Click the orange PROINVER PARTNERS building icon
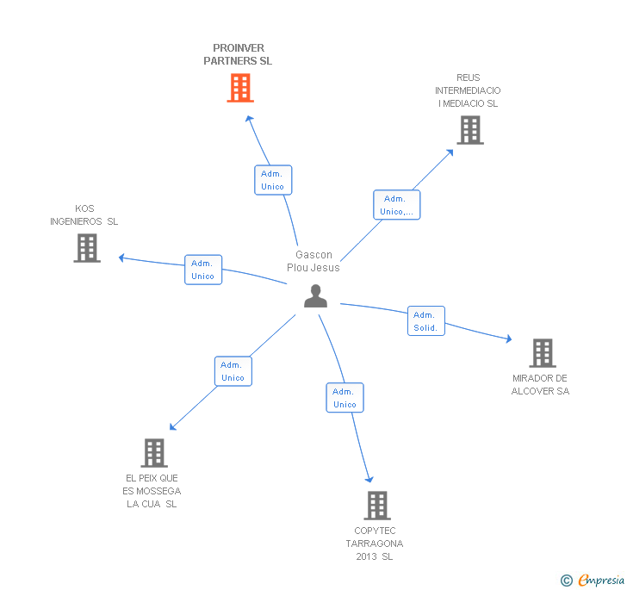tap(240, 88)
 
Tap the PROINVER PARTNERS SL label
tap(238, 55)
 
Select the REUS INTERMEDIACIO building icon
tap(469, 130)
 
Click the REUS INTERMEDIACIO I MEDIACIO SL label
tap(468, 90)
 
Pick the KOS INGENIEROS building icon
tap(87, 248)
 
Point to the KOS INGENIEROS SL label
tap(84, 215)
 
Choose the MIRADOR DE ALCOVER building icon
tap(542, 352)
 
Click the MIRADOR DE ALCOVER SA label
tap(541, 385)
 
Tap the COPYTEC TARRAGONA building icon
tap(377, 505)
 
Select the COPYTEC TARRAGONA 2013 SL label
tap(375, 543)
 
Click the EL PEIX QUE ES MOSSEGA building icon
tap(154, 452)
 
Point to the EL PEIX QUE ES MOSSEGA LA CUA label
tap(152, 491)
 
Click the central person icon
tap(316, 295)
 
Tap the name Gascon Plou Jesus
tap(313, 261)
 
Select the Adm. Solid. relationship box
tap(426, 321)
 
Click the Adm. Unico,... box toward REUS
tap(397, 205)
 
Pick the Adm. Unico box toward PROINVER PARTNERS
tap(273, 180)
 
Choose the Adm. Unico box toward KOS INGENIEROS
tap(203, 270)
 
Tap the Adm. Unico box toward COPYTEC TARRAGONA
tap(345, 398)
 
